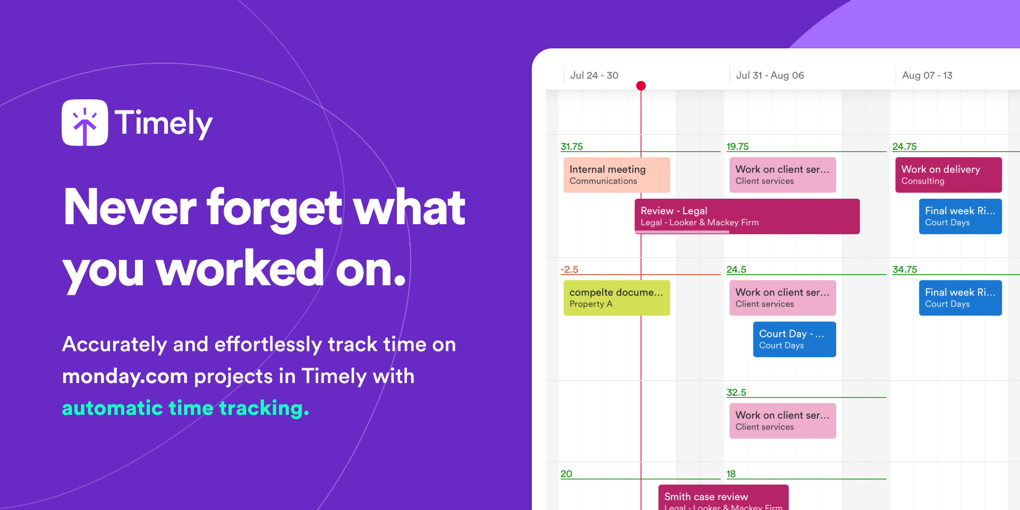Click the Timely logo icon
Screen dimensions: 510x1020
click(x=85, y=123)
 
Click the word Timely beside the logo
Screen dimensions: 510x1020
click(x=164, y=123)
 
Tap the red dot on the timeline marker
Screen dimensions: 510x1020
click(x=641, y=86)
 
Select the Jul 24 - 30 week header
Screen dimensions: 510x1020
click(x=594, y=75)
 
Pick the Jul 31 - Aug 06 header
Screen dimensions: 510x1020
click(x=770, y=75)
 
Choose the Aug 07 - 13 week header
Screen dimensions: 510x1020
click(x=927, y=75)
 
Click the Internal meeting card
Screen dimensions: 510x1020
click(x=616, y=175)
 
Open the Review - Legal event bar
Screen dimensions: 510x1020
click(x=747, y=216)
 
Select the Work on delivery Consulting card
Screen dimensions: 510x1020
click(x=948, y=175)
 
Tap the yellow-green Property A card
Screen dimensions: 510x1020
click(x=616, y=297)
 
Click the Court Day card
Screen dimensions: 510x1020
click(x=794, y=339)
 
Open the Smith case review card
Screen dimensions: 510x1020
click(x=723, y=498)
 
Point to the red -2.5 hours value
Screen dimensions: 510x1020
click(x=569, y=269)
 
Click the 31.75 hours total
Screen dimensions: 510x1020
click(x=572, y=147)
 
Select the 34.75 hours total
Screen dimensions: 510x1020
click(x=905, y=269)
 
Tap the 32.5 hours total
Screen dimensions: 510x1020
click(x=736, y=393)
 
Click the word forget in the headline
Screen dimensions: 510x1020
click(x=274, y=208)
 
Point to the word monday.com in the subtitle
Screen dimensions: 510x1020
click(x=125, y=376)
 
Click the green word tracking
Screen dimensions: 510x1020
click(x=263, y=408)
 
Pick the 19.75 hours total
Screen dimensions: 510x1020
click(x=737, y=147)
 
